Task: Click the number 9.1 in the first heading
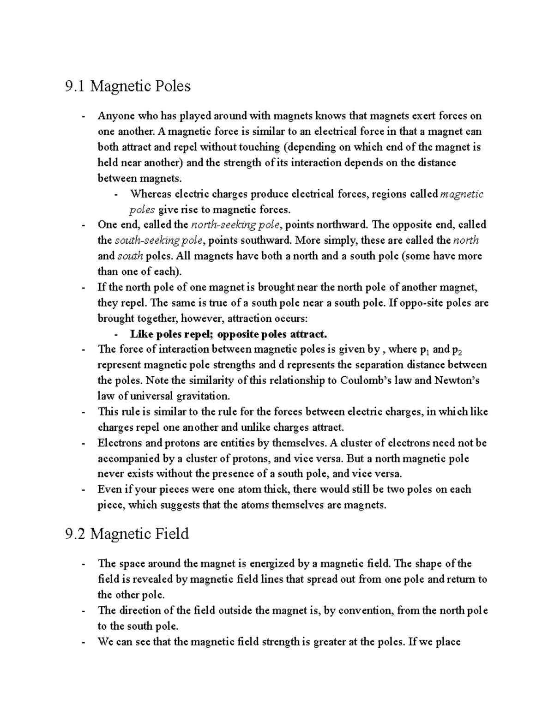point(75,86)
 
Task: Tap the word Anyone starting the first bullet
point(114,115)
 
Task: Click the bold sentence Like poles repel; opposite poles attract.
point(229,334)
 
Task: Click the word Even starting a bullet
point(108,489)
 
